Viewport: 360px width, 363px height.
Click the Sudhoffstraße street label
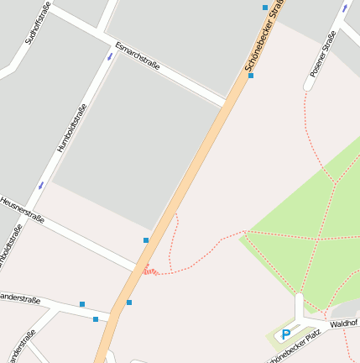39,23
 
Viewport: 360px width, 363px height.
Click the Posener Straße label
323,55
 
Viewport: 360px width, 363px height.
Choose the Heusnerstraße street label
22,208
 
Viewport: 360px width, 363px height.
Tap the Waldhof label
344,323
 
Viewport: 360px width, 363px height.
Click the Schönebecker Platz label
294,346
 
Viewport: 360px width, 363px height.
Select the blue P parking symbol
286,334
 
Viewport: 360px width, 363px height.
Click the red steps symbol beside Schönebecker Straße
149,270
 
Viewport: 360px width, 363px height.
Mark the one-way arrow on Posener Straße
345,7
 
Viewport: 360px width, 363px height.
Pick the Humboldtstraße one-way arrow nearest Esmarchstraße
110,56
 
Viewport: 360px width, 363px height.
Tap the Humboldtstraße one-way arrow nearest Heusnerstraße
40,186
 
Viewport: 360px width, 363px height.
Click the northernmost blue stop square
266,8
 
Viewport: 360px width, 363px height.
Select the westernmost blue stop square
82,304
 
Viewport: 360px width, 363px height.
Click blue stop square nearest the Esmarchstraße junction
250,76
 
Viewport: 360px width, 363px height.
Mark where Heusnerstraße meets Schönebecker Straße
138,269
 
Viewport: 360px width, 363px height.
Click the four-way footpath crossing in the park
319,239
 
